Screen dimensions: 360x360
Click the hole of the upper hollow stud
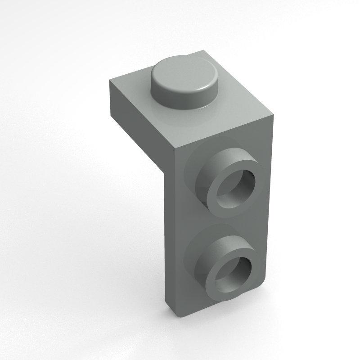[x=237, y=186]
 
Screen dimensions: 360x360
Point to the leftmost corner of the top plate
[x=110, y=81]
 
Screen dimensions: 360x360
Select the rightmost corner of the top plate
[x=274, y=114]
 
